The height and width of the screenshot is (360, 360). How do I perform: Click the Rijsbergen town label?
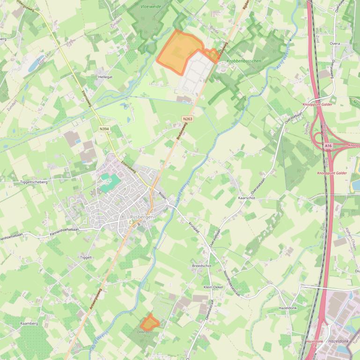point(142,217)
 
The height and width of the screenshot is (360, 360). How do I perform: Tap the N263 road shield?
point(188,119)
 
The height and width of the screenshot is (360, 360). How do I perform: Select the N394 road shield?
point(104,129)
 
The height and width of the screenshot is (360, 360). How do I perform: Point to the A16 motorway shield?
point(328,146)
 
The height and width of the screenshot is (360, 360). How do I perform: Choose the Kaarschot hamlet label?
point(247,198)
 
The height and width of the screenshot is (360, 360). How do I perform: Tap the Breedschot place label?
point(202,266)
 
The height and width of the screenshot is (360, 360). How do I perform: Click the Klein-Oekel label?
point(213,287)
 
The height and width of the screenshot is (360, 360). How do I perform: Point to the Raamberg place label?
point(29,323)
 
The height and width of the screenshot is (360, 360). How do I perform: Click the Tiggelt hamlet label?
point(86,257)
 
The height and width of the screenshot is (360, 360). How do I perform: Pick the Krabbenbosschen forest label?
point(244,61)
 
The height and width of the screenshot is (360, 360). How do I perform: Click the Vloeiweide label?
point(151,7)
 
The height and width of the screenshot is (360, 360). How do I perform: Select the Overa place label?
point(335,43)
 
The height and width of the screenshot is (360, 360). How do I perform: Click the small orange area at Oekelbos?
point(149,322)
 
